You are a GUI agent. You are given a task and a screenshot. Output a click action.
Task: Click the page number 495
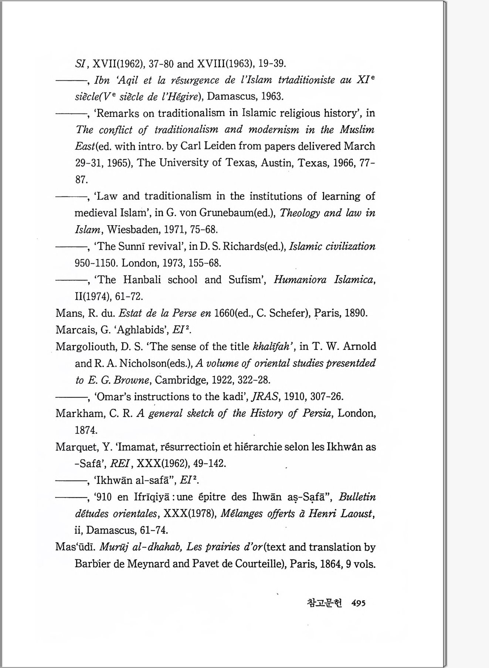pyautogui.click(x=358, y=603)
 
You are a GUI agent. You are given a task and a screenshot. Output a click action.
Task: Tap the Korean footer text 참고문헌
pyautogui.click(x=325, y=603)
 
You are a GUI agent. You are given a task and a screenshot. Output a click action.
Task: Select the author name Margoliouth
pyautogui.click(x=86, y=347)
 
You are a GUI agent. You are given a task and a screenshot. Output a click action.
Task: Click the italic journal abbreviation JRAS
pyautogui.click(x=264, y=397)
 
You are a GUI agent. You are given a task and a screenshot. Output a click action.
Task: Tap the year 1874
pyautogui.click(x=86, y=430)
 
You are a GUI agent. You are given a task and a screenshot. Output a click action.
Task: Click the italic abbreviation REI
pyautogui.click(x=121, y=463)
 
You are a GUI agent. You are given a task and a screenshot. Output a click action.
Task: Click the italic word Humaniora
pyautogui.click(x=300, y=280)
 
